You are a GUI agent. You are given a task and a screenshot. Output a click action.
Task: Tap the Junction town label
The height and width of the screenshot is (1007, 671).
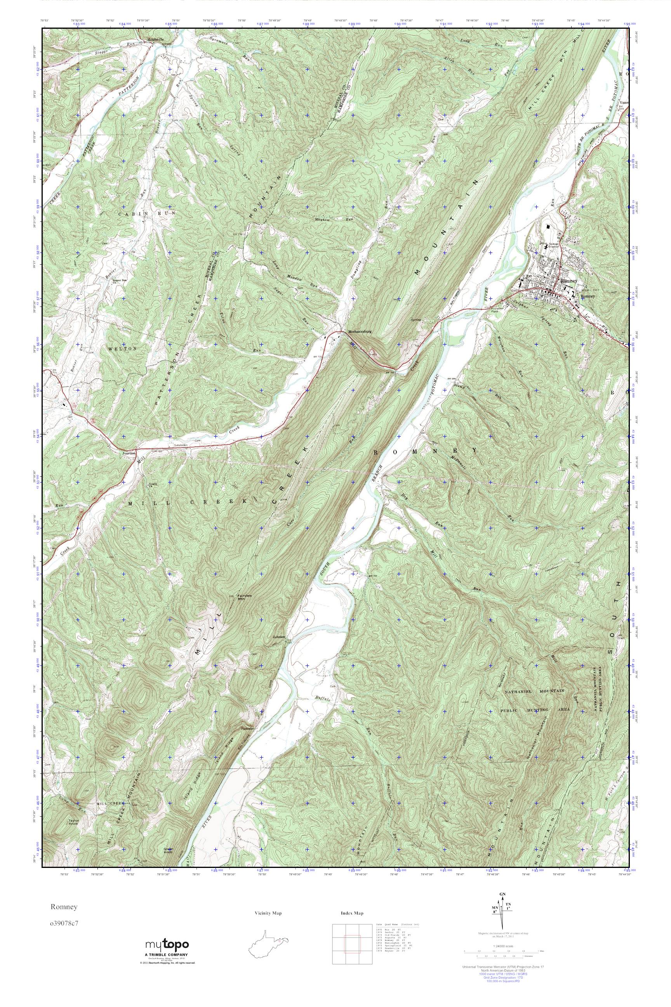(129, 453)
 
